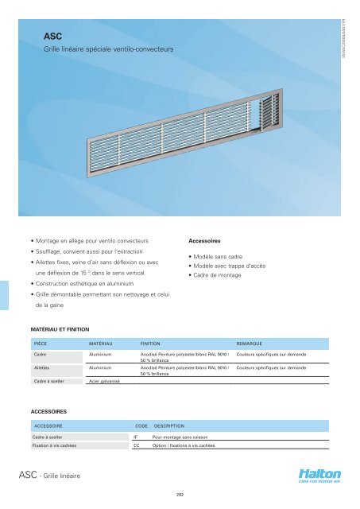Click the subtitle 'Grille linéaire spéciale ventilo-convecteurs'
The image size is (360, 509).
tap(108, 49)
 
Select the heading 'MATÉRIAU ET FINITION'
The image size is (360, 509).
tap(59, 327)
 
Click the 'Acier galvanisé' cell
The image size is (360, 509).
tap(103, 382)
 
